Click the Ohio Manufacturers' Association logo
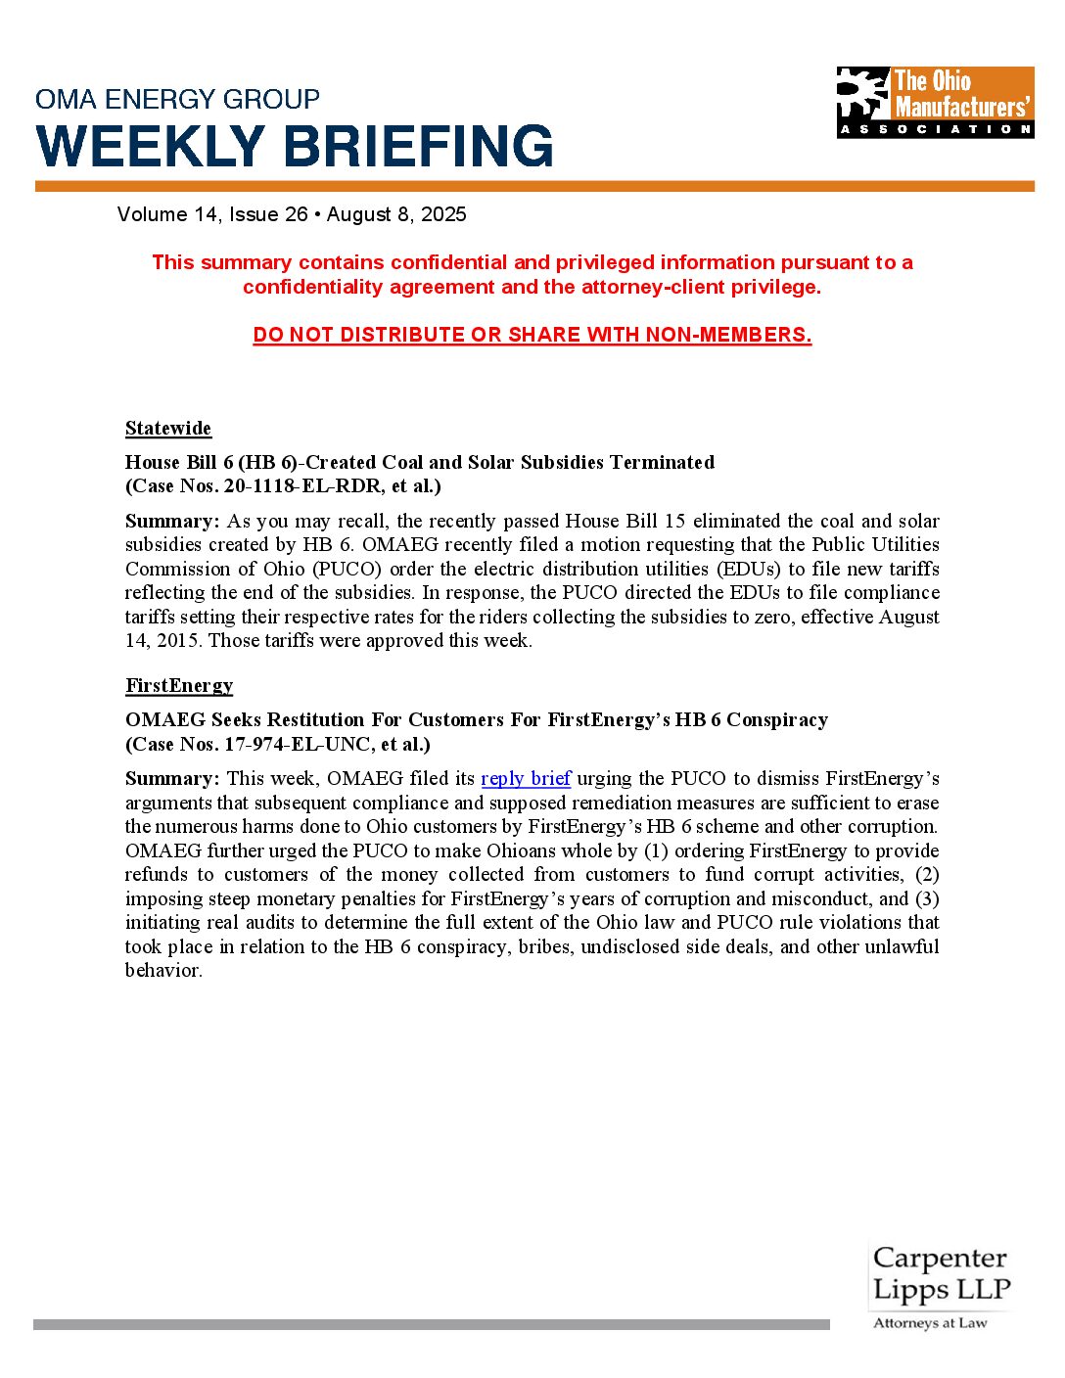935,102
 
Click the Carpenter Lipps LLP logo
940,1274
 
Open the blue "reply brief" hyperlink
526,778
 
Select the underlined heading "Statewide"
168,429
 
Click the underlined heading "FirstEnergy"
179,685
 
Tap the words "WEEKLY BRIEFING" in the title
295,147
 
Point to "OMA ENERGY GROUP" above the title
177,99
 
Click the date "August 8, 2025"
396,214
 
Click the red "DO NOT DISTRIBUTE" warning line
532,335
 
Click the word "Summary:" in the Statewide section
172,521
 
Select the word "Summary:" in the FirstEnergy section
172,778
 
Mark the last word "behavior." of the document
163,971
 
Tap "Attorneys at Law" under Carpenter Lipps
930,1323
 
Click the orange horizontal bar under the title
534,186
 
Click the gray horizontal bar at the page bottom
431,1324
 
